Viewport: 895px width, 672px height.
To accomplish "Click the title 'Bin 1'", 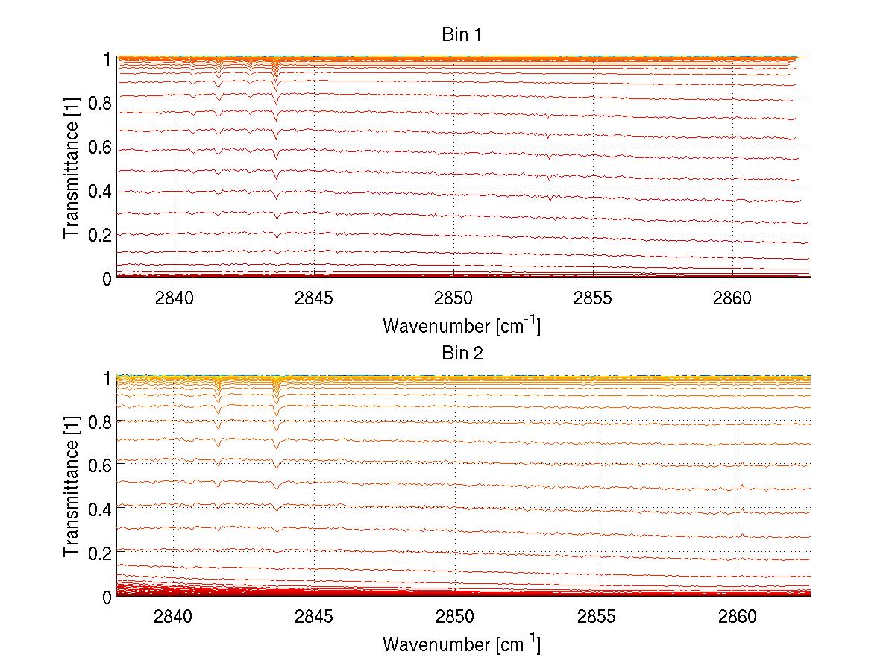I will pyautogui.click(x=462, y=35).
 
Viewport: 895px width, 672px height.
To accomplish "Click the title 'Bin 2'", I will pyautogui.click(x=462, y=354).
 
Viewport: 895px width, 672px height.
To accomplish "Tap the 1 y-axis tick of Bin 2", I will pyautogui.click(x=107, y=377).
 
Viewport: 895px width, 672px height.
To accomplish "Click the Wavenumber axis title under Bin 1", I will pyautogui.click(x=462, y=326).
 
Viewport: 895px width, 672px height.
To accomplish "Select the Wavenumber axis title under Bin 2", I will pyautogui.click(x=462, y=644).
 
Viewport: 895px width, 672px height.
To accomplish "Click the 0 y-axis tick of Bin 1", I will pyautogui.click(x=107, y=278).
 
